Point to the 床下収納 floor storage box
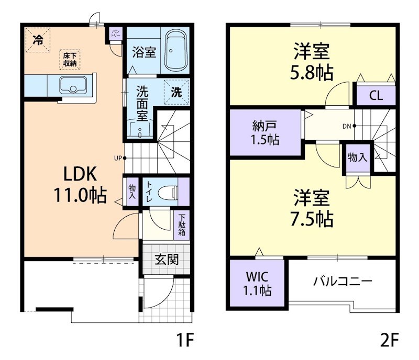(70, 59)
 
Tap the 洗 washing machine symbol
(177, 92)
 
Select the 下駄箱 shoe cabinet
(182, 225)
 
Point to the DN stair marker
(347, 126)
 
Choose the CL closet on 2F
(376, 96)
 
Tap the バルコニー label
(343, 281)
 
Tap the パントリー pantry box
(115, 34)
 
